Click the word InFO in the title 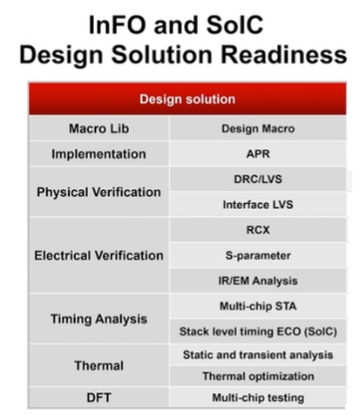tap(117, 25)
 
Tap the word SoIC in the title tap(234, 25)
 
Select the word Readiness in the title tap(284, 55)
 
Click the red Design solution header tap(187, 99)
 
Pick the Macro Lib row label tap(98, 129)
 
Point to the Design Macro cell tap(258, 129)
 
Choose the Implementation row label tap(98, 154)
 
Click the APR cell tap(258, 154)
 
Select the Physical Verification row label tap(98, 192)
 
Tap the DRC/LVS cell tap(258, 180)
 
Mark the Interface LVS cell tap(258, 205)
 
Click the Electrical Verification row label tap(98, 255)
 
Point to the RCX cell tap(258, 230)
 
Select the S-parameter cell tap(258, 256)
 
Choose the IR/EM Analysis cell tap(258, 281)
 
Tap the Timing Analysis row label tap(98, 319)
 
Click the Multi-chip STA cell tap(258, 306)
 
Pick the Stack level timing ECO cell tap(258, 331)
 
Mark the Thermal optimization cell tap(258, 376)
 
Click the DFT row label tap(98, 397)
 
